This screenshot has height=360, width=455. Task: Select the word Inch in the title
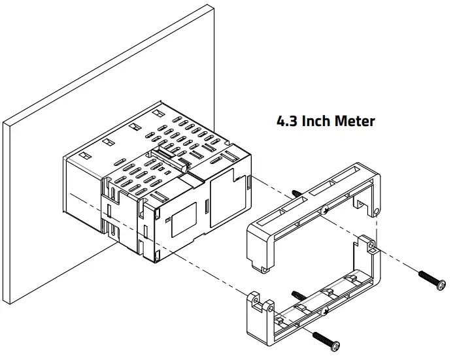[318, 122]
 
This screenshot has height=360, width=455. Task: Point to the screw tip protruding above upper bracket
[297, 193]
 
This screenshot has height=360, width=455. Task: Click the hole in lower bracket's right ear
[371, 246]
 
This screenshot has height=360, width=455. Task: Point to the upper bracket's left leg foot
[261, 267]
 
